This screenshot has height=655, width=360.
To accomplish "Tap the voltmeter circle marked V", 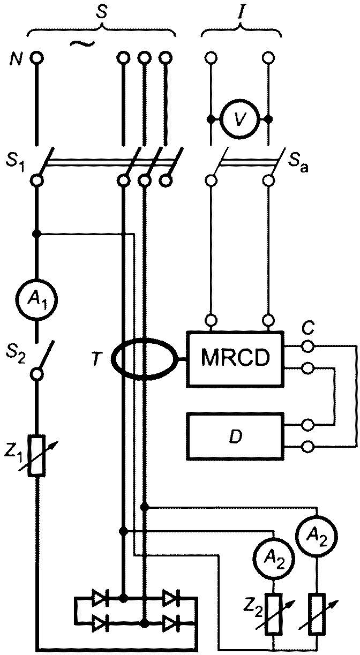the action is (239, 119).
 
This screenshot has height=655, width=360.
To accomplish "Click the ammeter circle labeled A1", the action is (36, 300).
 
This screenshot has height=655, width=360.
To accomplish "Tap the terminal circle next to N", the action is (36, 58).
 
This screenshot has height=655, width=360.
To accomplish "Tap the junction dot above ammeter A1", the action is (36, 234).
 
